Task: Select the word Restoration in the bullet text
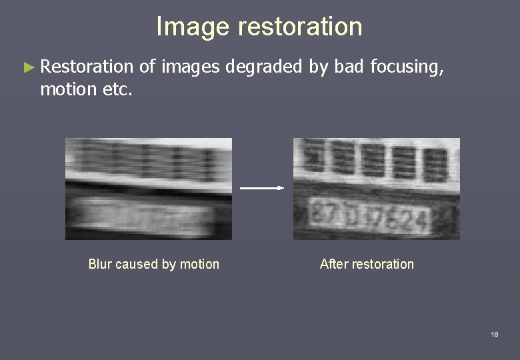coord(87,67)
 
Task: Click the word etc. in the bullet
coord(119,89)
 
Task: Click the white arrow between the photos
coord(262,188)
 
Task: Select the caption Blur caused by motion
coord(153,264)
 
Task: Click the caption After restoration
coord(367,264)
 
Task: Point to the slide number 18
coord(494,334)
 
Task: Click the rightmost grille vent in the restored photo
coord(435,164)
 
